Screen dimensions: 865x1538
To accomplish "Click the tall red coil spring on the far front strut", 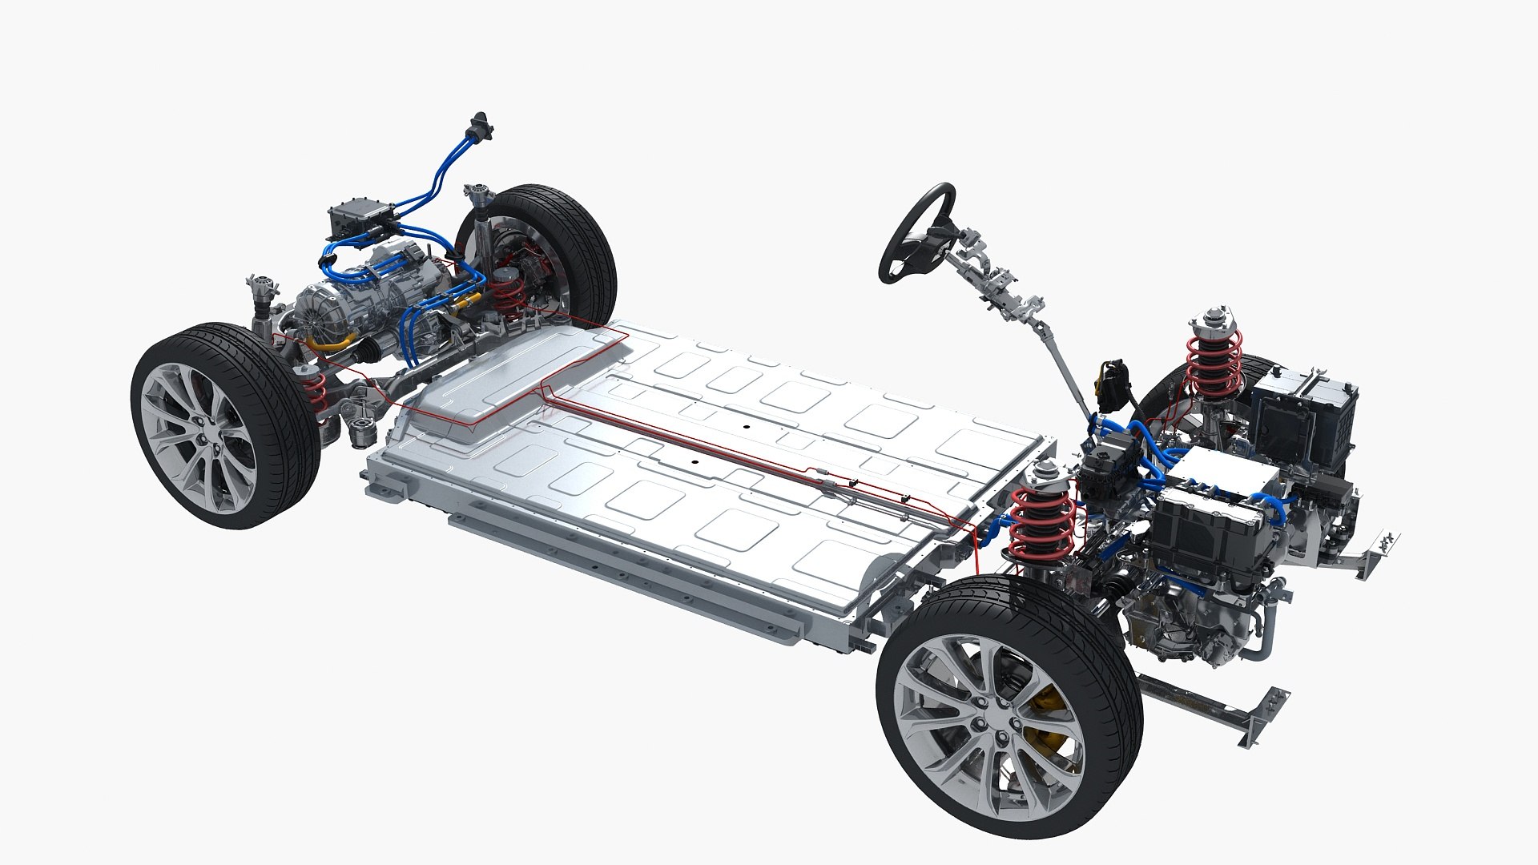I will (1214, 360).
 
